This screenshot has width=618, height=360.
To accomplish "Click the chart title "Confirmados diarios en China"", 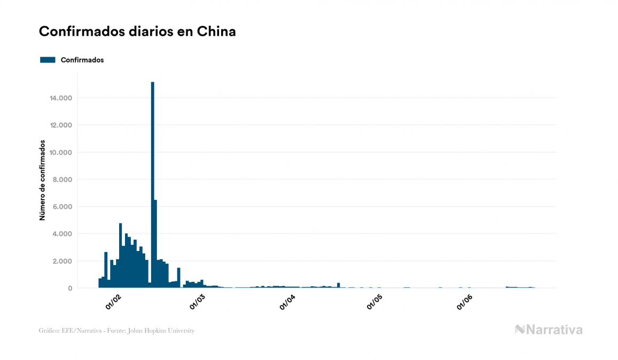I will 137,32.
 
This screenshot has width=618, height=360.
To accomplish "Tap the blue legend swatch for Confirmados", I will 48,60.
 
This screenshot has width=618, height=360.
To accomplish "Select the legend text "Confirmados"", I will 82,60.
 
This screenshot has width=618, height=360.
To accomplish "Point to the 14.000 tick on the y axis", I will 61,98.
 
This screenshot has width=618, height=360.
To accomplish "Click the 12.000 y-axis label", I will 61,125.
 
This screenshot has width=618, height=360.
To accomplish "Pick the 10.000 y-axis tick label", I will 61,152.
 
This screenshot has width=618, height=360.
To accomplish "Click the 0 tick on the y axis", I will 70,288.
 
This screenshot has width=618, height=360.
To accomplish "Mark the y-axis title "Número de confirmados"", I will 42,181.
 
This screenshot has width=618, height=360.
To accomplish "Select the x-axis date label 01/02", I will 114,302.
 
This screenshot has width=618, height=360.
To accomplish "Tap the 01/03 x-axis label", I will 198,302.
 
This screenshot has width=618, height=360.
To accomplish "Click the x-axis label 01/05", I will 374,302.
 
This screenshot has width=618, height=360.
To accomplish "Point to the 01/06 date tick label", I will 464,302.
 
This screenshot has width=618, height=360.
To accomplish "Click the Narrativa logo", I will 549,330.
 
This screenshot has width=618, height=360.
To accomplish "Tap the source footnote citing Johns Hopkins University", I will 116,331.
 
